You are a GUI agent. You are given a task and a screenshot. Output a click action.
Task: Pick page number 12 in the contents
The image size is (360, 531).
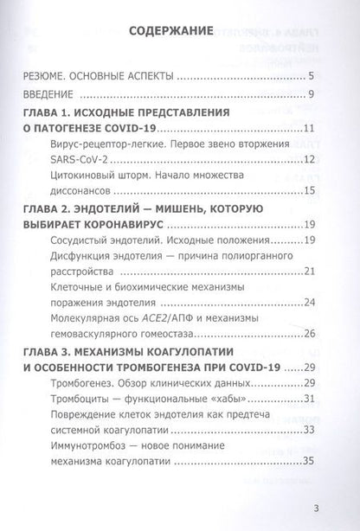[317, 158]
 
